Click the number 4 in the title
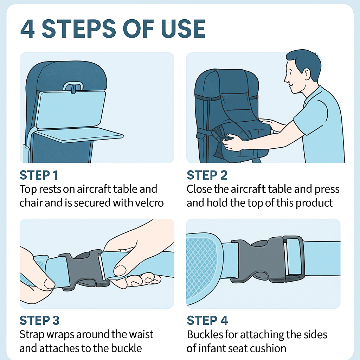[28, 29]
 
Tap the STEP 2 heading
[207, 175]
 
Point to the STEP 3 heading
[39, 320]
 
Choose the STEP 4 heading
[207, 320]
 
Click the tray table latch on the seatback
[73, 88]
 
